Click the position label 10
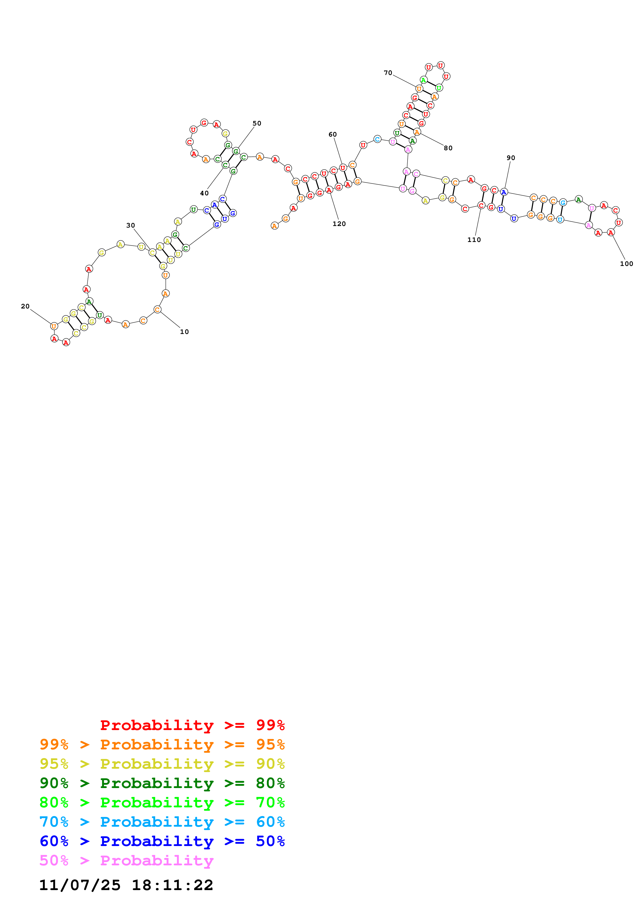pyautogui.click(x=184, y=332)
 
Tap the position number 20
pyautogui.click(x=25, y=306)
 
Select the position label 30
pyautogui.click(x=131, y=225)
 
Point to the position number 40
pyautogui.click(x=204, y=193)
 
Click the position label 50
pyautogui.click(x=257, y=123)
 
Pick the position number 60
pyautogui.click(x=333, y=134)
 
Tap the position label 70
pyautogui.click(x=388, y=73)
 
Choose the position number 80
pyautogui.click(x=448, y=148)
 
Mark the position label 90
pyautogui.click(x=511, y=158)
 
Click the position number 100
pyautogui.click(x=626, y=264)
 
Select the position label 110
pyautogui.click(x=474, y=240)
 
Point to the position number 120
pyautogui.click(x=339, y=224)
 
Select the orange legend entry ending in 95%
pyautogui.click(x=162, y=744)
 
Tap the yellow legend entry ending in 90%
pyautogui.click(x=162, y=764)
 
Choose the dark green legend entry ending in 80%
pyautogui.click(x=162, y=783)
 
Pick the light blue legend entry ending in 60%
pyautogui.click(x=162, y=822)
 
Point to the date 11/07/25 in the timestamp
pyautogui.click(x=80, y=885)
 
